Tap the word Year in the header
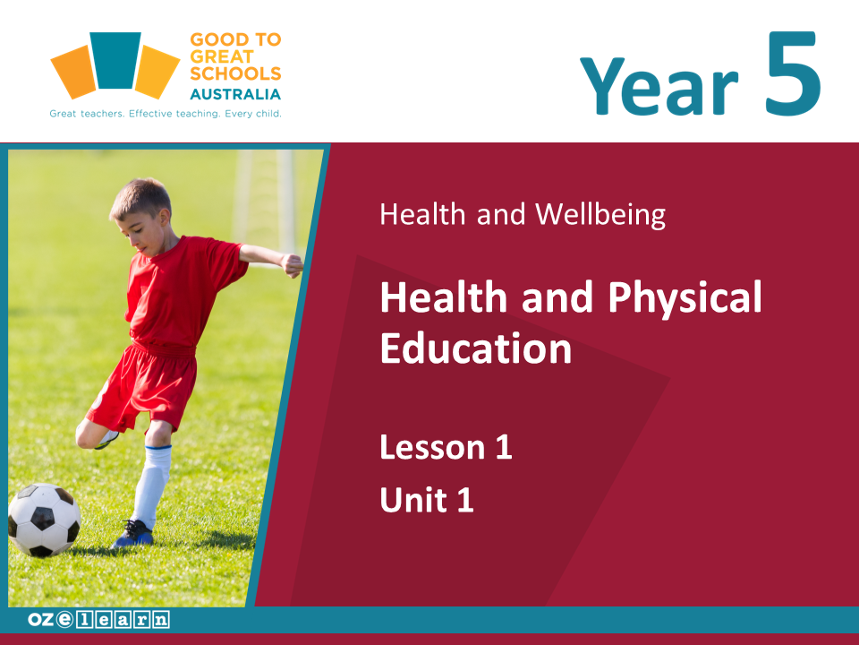(659, 86)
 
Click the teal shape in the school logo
(115, 60)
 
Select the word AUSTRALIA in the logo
(235, 94)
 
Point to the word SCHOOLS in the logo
(235, 73)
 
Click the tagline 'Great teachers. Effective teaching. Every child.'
(166, 114)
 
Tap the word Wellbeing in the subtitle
(600, 214)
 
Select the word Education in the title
(476, 348)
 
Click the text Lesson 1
(446, 447)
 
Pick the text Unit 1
(427, 500)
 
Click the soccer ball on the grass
(45, 520)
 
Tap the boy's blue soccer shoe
(133, 534)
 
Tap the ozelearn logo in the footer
(98, 620)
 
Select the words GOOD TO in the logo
(235, 39)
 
